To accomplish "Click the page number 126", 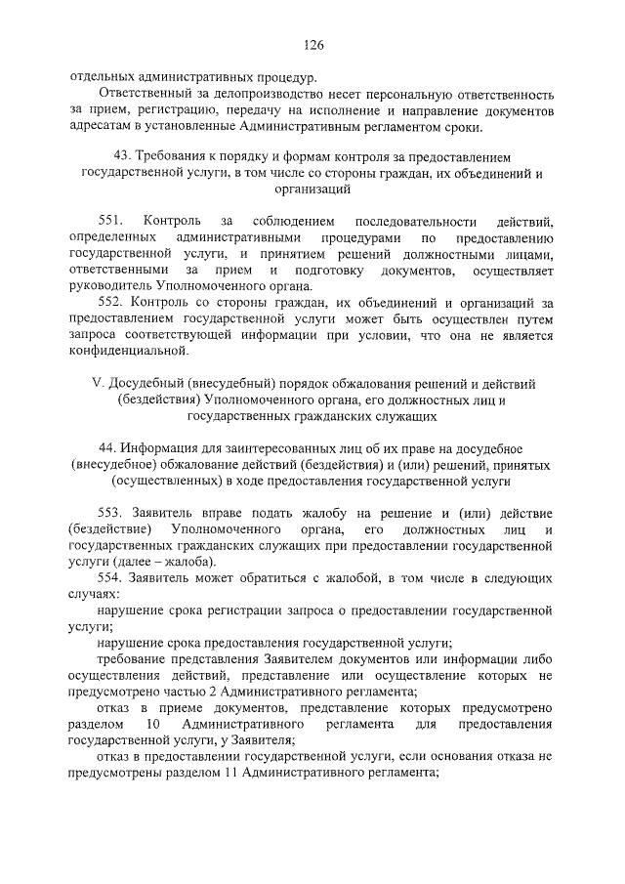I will click(312, 45).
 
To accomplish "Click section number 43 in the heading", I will click(121, 156).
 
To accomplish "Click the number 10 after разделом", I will click(151, 726).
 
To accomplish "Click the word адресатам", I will click(102, 127).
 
